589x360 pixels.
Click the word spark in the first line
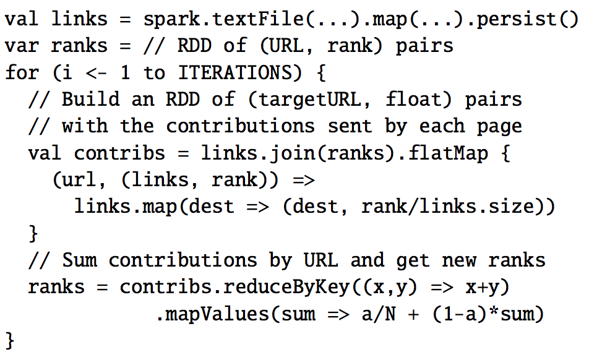[171, 19]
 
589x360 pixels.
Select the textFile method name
[257, 19]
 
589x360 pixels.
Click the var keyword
[22, 46]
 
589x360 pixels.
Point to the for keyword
[22, 72]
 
